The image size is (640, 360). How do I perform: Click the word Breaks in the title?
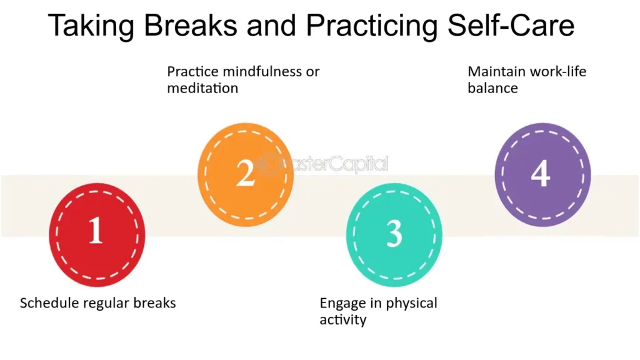coord(191,25)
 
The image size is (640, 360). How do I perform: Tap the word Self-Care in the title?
coord(511,25)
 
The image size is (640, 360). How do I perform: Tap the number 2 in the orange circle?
coord(245,173)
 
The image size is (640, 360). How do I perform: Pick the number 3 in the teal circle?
coord(394,233)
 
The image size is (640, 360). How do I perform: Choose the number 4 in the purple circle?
coord(541,173)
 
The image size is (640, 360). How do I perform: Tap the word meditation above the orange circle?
coord(202,87)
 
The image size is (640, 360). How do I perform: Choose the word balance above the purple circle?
coord(492,87)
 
